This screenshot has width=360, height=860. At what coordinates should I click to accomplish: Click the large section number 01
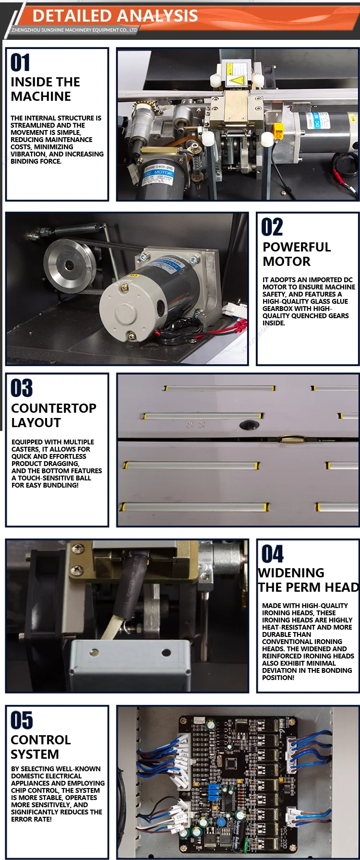pos(20,62)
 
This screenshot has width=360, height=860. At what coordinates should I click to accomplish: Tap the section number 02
pos(272,227)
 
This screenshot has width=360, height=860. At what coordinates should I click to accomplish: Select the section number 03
pos(22,388)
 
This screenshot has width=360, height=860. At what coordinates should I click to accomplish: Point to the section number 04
pos(273,554)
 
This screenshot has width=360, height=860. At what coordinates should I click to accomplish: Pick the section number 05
pos(22,720)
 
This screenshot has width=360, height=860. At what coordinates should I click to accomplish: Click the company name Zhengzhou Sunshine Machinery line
pos(74,30)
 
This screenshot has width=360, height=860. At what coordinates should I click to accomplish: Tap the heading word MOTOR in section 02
pos(287,262)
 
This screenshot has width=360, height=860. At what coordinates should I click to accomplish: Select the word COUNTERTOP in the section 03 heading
pos(54,408)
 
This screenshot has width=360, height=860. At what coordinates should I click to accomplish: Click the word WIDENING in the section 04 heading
pos(291,573)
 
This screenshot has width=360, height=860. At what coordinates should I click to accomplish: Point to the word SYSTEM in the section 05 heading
pos(35,754)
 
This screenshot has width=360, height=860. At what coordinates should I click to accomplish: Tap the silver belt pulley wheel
pos(70,264)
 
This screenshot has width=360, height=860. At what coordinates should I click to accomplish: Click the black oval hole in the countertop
pos(249,424)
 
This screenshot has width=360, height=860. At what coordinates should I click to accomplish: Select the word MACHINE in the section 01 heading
pos(41,96)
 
